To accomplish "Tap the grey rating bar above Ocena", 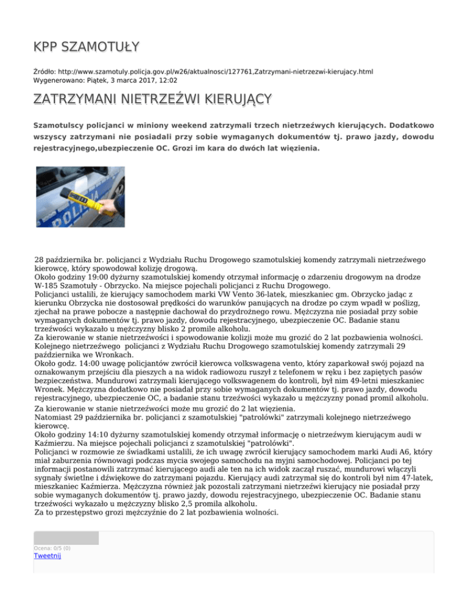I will (66, 538).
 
